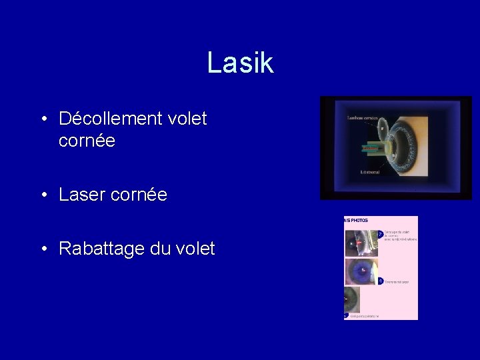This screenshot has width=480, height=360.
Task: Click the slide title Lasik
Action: pos(240,63)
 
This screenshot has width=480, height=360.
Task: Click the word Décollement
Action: pos(109,119)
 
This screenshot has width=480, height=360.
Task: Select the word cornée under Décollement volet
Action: pos(87,141)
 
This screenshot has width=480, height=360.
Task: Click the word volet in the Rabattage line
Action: pos(195,249)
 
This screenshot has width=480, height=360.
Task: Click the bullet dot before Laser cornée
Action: pos(43,195)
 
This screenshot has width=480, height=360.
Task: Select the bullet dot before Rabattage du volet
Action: pos(43,249)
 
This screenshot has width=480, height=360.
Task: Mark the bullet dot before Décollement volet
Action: pos(43,119)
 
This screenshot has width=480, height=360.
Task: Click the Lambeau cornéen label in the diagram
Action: pos(362,118)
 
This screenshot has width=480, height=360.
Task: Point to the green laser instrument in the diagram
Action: pos(371,147)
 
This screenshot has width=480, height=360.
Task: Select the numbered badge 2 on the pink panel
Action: pos(380,234)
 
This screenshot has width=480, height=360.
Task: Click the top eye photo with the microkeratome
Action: pos(360,243)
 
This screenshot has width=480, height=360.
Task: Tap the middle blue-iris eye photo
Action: pos(361,272)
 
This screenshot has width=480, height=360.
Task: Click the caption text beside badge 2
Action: pos(400,235)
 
